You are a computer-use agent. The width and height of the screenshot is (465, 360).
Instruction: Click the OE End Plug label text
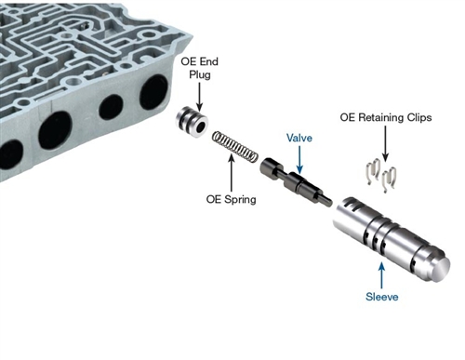pos(200,68)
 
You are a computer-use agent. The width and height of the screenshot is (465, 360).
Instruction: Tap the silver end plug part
pos(192,122)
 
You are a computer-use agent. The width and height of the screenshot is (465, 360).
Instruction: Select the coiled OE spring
pos(235,146)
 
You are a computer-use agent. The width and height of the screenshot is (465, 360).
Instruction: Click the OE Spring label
pos(232,199)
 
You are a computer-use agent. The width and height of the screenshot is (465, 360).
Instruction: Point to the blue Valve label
pos(299,138)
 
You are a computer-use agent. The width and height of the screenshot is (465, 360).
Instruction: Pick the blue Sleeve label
pos(382,297)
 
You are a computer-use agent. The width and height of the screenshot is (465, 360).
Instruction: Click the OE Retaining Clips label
pos(386,117)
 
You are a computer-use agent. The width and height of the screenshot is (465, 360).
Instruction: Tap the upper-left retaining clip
pos(373,171)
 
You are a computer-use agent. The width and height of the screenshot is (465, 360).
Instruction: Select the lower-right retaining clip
pos(389,180)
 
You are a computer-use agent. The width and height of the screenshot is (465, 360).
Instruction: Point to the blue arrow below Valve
pos(299,159)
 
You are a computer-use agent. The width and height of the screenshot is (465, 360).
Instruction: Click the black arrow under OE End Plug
pos(199,97)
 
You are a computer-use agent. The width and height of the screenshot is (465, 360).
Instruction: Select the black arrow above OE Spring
pos(232,173)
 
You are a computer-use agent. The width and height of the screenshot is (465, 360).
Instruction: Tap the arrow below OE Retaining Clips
pos(386,143)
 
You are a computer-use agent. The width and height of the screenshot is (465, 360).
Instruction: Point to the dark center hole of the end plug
pos(200,127)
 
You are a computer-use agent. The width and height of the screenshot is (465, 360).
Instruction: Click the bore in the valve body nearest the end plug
pos(154,92)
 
